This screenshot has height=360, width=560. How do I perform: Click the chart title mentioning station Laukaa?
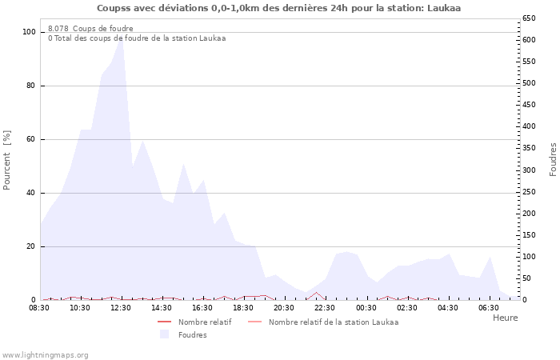tap(278, 8)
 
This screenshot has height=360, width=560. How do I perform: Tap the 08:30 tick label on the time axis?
tap(39, 307)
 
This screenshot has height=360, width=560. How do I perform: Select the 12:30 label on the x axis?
tap(121, 307)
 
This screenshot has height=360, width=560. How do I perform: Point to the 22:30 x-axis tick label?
tap(325, 307)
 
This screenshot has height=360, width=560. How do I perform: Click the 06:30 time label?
tap(488, 307)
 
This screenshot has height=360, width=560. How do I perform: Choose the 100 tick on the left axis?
tap(30, 32)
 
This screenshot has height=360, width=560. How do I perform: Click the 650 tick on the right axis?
tap(529, 18)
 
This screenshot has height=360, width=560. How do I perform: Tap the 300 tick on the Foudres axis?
tap(529, 170)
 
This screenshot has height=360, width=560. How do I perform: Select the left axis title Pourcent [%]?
tap(8, 160)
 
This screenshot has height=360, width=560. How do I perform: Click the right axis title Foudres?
tap(553, 159)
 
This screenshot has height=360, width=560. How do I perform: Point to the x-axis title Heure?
tap(505, 318)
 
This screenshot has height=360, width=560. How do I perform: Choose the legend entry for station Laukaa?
tap(333, 322)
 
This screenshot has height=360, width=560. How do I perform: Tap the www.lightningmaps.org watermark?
tap(46, 354)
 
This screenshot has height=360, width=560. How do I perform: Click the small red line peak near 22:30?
tap(316, 293)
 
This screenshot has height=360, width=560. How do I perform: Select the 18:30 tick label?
tap(243, 307)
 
